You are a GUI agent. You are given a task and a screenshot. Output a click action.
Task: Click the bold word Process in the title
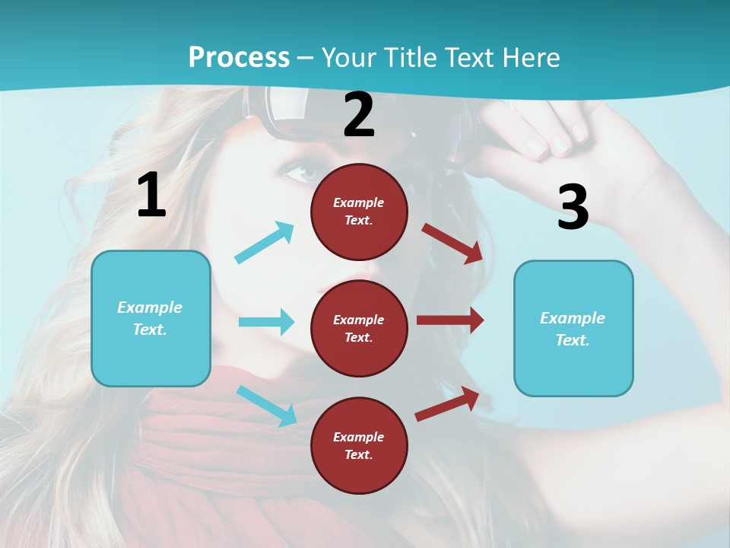[239, 57]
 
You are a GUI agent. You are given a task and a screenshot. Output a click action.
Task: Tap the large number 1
[151, 195]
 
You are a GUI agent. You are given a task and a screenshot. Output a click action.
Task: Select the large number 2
[359, 115]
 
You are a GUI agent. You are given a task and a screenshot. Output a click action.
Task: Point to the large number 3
[573, 207]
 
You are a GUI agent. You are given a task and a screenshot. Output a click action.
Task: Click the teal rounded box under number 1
[151, 318]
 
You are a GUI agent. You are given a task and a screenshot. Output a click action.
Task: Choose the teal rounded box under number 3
[573, 328]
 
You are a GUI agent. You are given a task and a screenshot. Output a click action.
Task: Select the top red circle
[359, 211]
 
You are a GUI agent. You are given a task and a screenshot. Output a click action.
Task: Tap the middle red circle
[359, 328]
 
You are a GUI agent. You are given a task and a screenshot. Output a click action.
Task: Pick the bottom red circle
[359, 445]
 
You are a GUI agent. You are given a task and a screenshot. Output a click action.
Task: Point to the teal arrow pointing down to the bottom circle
[266, 405]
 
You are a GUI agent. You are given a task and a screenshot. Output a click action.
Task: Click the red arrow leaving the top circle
[452, 243]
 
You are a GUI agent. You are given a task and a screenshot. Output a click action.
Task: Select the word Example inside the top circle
[359, 202]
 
